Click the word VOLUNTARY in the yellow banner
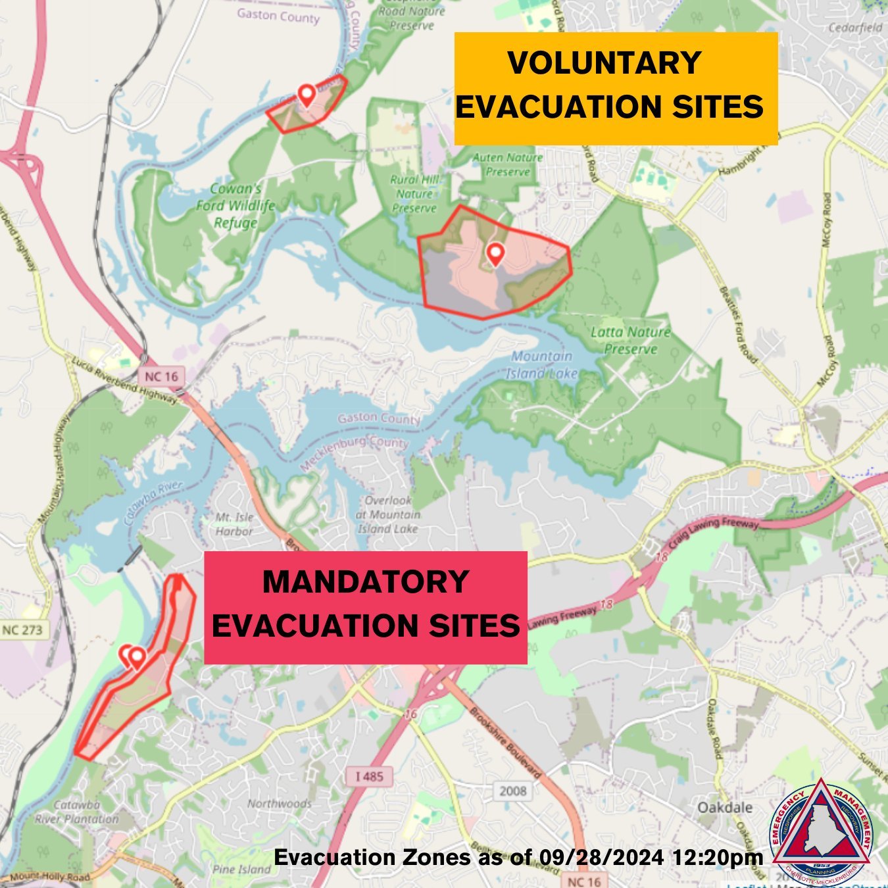[604, 64]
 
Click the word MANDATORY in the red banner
[365, 582]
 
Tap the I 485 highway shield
[369, 776]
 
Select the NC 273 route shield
[22, 630]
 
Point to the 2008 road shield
[513, 791]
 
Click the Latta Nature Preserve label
[630, 340]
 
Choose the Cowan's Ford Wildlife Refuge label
[235, 205]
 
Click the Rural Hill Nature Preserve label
[414, 193]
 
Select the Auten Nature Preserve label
[508, 164]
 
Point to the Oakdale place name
[725, 807]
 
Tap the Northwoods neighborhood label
[280, 803]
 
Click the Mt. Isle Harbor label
[234, 524]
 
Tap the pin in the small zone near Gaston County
[306, 95]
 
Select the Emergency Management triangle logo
[822, 825]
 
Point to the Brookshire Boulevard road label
[505, 743]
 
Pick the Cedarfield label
[855, 28]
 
